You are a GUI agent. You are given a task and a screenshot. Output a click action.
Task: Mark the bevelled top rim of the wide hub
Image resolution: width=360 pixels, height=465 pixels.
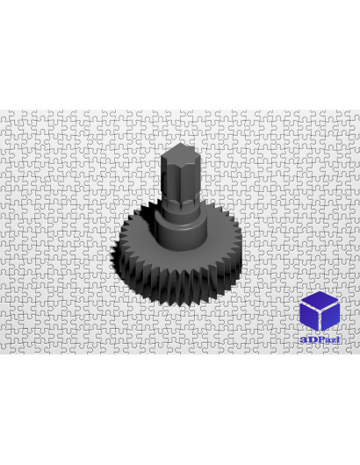pyautogui.click(x=181, y=225)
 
